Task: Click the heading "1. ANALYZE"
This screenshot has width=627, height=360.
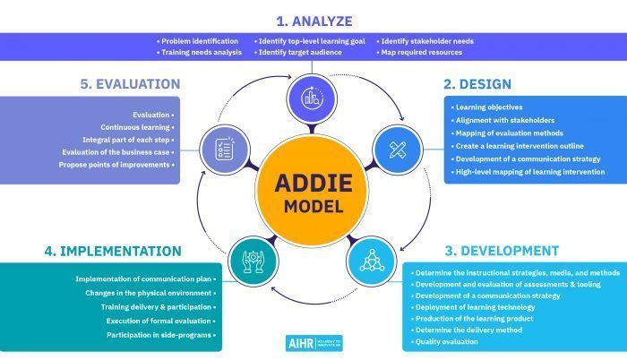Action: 314,21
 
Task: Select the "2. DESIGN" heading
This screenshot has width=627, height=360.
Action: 477,84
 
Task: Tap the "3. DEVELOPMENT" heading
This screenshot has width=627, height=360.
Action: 502,251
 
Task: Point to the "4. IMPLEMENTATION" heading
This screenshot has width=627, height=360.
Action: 113,252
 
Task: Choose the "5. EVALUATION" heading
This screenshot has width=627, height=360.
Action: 130,84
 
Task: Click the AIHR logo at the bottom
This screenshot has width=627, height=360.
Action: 314,343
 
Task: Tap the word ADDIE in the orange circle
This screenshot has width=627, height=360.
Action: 313,184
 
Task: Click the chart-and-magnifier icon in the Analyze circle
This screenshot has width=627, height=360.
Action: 312,99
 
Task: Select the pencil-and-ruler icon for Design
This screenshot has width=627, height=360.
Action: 398,150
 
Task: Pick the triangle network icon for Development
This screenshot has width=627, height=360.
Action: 372,261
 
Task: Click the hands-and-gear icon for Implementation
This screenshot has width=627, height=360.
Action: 253,261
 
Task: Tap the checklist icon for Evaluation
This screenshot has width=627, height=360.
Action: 225,150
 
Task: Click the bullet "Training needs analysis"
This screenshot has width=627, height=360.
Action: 199,53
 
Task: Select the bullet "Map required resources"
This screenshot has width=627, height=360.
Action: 419,53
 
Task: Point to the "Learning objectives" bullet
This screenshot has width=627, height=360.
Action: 486,107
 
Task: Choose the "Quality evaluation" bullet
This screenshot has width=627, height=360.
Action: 444,341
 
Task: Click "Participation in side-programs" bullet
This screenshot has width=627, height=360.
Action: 161,335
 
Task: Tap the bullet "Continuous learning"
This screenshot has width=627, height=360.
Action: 138,127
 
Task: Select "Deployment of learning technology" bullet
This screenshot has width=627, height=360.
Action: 473,307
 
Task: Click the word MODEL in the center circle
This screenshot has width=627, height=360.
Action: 313,207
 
